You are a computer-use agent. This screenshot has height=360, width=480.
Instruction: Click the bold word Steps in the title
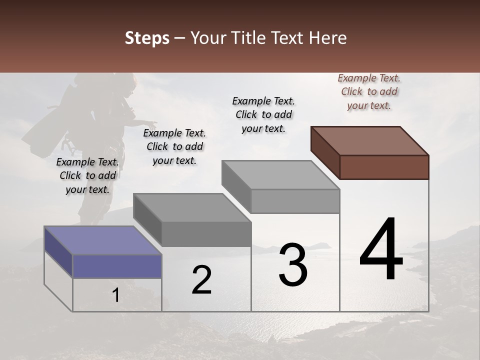point(147,38)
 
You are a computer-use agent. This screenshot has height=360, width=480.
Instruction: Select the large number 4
point(381,250)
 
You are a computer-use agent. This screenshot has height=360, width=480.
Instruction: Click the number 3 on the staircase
point(293,265)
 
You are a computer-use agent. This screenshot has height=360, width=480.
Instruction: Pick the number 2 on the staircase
point(201,280)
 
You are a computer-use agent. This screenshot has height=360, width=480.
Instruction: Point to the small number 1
point(115,295)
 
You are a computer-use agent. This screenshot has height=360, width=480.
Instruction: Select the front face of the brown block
point(384,167)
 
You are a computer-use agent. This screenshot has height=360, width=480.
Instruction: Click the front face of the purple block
point(117,266)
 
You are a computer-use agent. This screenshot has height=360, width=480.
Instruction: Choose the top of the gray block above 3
point(280,175)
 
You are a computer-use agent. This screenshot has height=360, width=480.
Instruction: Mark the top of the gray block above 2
point(192,207)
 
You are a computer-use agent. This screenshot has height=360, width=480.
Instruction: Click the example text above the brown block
point(369,91)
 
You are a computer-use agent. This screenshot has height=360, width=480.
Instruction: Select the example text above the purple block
point(87,175)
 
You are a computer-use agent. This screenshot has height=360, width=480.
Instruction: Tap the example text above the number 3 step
point(263,114)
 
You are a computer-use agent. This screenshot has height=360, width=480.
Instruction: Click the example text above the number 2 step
point(174,146)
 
